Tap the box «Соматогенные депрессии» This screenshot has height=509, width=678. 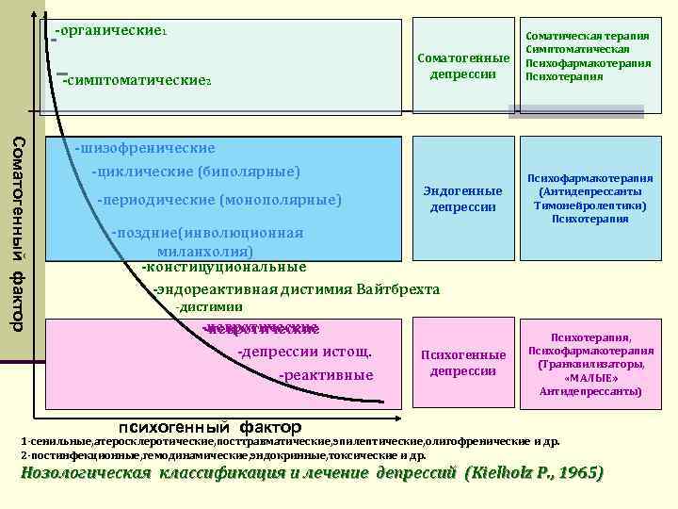coord(462,67)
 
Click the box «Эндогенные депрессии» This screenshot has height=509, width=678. coord(462,199)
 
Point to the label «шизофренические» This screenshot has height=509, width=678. coord(147,148)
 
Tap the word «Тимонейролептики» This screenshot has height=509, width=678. coord(589,205)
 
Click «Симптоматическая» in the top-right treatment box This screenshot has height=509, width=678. coord(577,48)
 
